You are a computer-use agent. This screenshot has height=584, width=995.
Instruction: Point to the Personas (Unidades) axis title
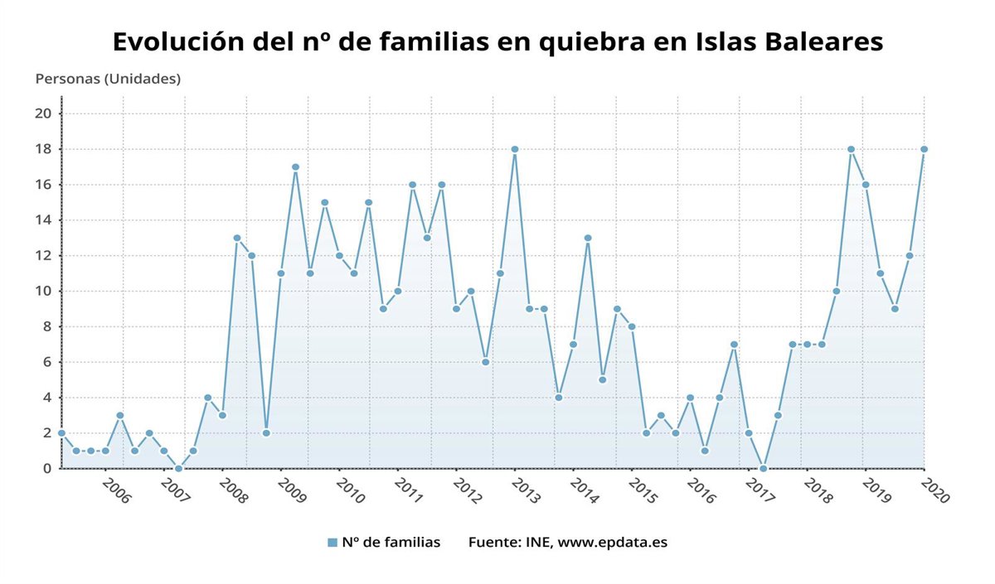[108, 79]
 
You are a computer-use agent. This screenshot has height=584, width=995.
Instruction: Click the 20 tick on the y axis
[44, 113]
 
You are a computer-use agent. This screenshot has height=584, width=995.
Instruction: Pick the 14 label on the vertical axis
[44, 220]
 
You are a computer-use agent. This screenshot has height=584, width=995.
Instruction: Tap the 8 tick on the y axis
[48, 326]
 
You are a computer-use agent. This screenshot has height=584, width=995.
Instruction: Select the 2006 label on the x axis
[116, 489]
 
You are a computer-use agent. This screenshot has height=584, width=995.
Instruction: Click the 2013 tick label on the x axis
[526, 489]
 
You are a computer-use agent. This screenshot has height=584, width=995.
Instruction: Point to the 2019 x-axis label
[876, 489]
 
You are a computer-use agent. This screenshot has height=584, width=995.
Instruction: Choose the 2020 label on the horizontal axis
[934, 489]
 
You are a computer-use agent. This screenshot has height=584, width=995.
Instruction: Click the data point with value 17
[295, 167]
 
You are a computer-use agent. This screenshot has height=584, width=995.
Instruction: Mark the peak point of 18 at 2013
[515, 149]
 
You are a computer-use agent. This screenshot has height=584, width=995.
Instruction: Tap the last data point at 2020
[924, 149]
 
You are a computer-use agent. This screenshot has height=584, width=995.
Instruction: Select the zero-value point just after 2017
[763, 468]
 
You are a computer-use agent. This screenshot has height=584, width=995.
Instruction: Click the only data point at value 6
[485, 362]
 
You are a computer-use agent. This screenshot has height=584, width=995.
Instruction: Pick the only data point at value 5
[602, 379]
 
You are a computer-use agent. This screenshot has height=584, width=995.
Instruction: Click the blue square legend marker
[332, 543]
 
